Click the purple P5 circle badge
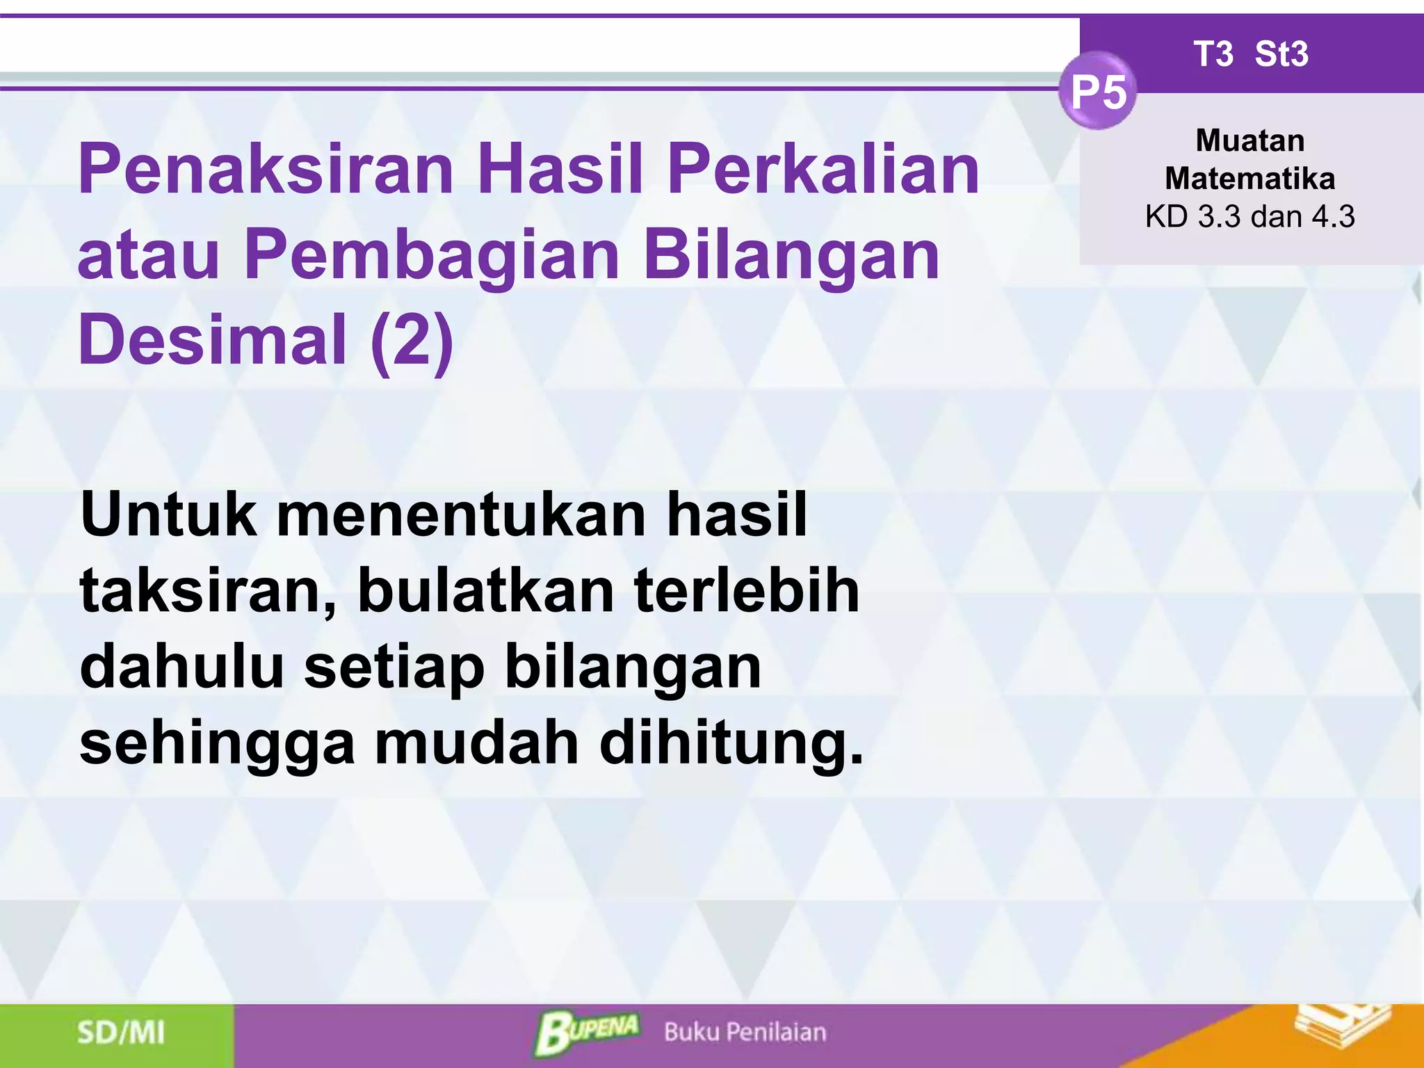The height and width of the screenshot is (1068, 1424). (x=1098, y=91)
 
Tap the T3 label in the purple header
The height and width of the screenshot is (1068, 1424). (x=1213, y=54)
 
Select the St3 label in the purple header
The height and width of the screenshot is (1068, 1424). (x=1281, y=54)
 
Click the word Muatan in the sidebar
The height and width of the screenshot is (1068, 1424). (x=1249, y=141)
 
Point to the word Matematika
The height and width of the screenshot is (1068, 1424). (x=1249, y=179)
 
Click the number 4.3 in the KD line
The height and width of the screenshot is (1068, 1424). (x=1333, y=217)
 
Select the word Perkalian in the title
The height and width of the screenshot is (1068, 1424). (x=823, y=169)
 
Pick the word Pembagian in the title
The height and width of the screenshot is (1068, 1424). (x=431, y=255)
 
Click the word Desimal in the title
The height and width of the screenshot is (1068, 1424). (x=213, y=339)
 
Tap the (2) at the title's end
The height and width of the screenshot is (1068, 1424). (x=412, y=341)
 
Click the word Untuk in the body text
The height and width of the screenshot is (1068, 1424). (x=168, y=515)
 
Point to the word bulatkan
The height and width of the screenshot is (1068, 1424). (x=485, y=591)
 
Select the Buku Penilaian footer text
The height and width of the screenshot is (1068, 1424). (x=745, y=1033)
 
